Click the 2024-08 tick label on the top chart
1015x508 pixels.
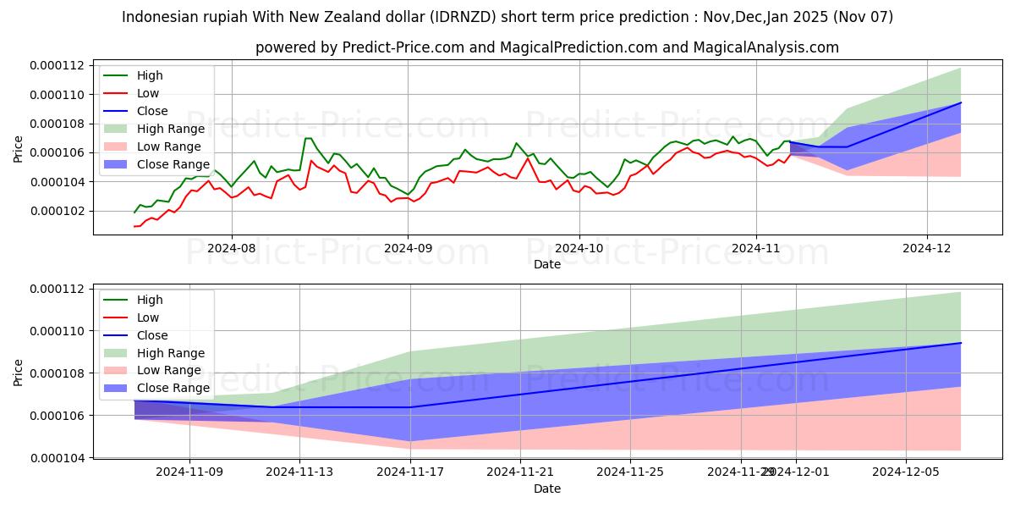coord(231,248)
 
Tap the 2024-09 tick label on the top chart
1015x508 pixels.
coord(408,248)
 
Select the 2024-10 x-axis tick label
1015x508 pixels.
coord(579,248)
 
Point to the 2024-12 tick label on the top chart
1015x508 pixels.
coord(928,248)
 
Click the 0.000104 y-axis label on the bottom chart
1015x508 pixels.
coord(57,458)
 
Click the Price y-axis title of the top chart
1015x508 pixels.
coord(19,149)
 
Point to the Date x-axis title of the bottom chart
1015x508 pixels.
coord(546,489)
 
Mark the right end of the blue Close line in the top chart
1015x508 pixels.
coord(961,102)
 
